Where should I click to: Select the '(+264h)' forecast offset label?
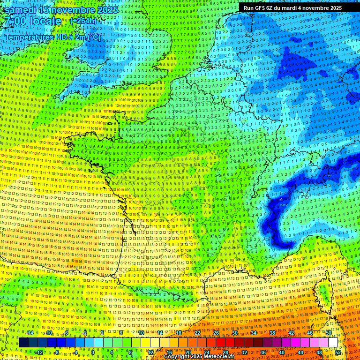pos(83,21)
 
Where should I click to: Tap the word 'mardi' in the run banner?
pos(291,8)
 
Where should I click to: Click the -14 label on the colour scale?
pos(30,333)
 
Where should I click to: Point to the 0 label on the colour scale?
pos(93,352)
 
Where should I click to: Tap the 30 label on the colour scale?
pos(234,333)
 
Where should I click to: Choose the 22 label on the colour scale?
pos(197,333)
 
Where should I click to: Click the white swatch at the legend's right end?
pos(333,343)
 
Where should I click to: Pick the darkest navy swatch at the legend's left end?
pos(23,343)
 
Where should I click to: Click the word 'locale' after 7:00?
pos(45,21)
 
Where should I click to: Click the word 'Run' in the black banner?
pos(248,8)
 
